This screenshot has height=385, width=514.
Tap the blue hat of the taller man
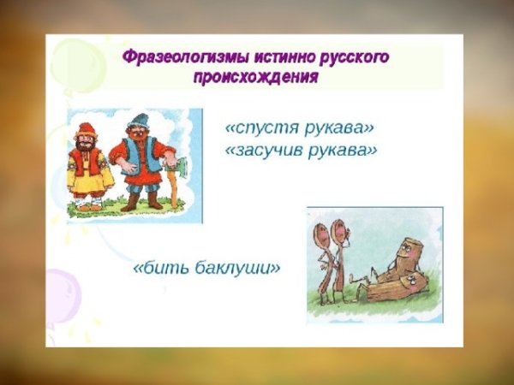pyautogui.click(x=135, y=117)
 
